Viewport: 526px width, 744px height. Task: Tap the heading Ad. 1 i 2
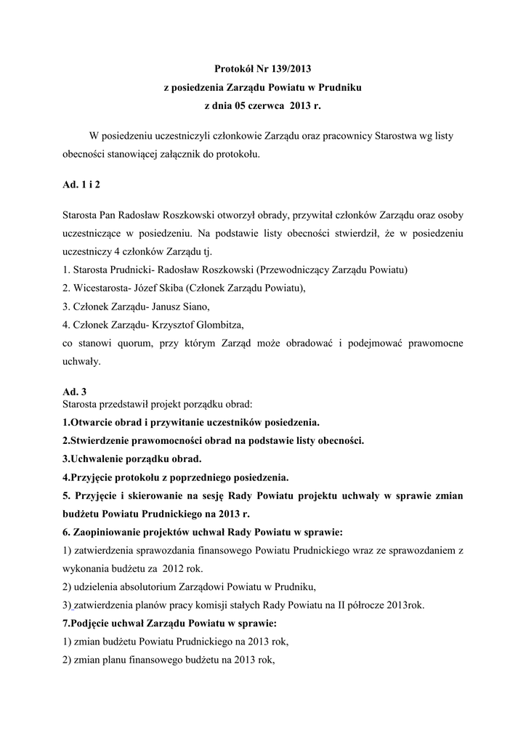[81, 186]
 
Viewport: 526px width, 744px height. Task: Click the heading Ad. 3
[75, 391]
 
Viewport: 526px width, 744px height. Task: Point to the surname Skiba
[172, 288]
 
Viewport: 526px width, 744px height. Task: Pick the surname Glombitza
[215, 324]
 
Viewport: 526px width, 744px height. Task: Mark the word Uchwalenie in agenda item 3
[97, 459]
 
